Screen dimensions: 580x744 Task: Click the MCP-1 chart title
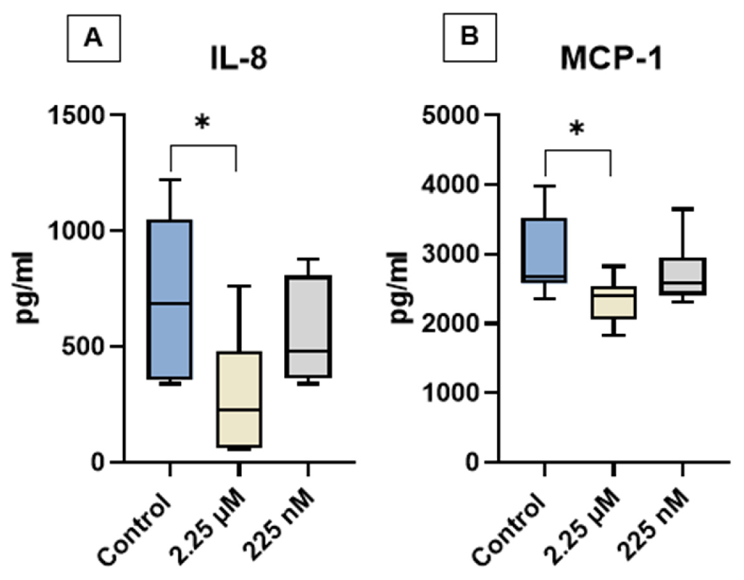click(x=612, y=60)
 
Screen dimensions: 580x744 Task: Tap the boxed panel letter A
click(x=94, y=38)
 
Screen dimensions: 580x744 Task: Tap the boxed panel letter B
click(x=470, y=37)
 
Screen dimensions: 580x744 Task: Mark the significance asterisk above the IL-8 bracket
click(x=202, y=123)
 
